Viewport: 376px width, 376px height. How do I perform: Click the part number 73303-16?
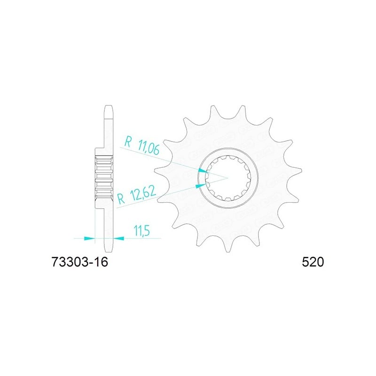[x=80, y=262]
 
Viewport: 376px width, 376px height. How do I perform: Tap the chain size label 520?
[x=313, y=262]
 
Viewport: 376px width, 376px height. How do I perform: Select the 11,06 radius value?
[x=149, y=147]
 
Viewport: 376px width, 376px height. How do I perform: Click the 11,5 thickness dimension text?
[x=142, y=231]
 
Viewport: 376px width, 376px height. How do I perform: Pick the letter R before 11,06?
[x=128, y=142]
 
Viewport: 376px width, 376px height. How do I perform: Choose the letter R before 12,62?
[x=122, y=199]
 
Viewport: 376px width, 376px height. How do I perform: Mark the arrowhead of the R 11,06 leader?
[x=204, y=171]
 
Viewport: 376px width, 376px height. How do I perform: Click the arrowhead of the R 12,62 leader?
[x=201, y=186]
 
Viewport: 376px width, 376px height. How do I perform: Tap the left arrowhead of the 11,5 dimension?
[x=90, y=238]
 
